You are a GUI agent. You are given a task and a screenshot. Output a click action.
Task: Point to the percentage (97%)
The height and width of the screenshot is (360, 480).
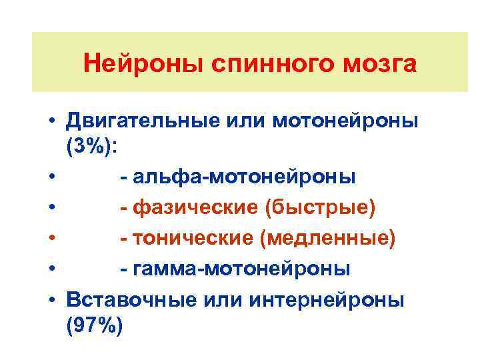tap(95, 326)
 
